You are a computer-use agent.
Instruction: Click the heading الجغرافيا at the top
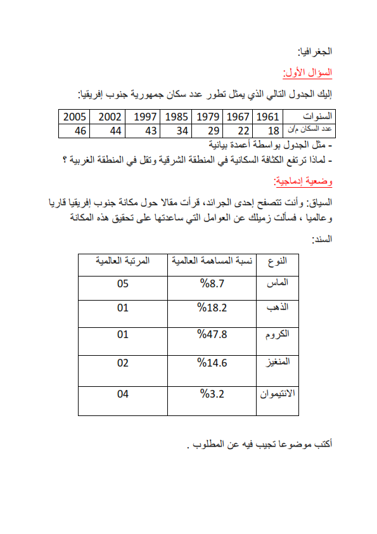pos(316,51)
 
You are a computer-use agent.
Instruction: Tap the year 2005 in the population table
pos(75,117)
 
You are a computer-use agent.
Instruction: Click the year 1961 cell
pos(268,117)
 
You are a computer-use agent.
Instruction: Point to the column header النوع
pos(278,261)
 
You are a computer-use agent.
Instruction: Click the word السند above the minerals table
pos(321,240)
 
